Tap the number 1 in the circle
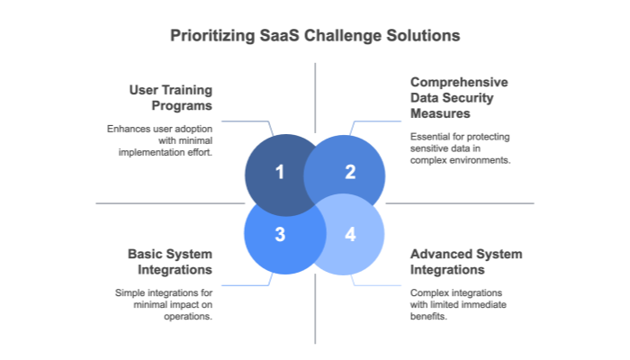(x=280, y=172)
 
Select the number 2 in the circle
(x=350, y=172)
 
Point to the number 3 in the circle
(x=280, y=235)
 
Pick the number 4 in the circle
(x=350, y=235)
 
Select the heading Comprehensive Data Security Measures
(x=459, y=97)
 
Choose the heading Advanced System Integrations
(x=466, y=261)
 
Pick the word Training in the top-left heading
(x=187, y=90)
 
